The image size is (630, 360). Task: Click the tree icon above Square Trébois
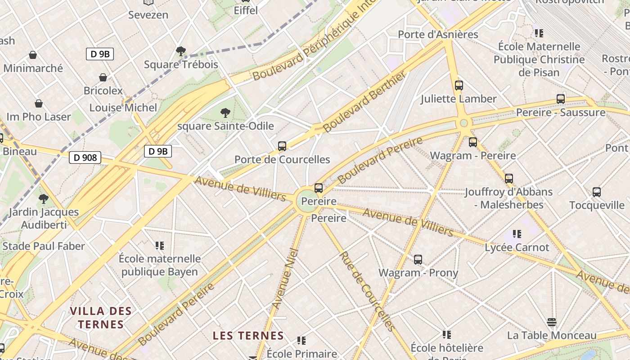pyautogui.click(x=181, y=51)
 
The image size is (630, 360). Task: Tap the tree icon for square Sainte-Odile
pyautogui.click(x=225, y=112)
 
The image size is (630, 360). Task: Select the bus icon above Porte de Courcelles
pyautogui.click(x=282, y=146)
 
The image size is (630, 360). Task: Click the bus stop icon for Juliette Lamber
pyautogui.click(x=459, y=85)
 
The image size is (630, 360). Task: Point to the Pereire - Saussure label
pyautogui.click(x=560, y=112)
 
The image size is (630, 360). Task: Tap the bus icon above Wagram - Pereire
pyautogui.click(x=473, y=142)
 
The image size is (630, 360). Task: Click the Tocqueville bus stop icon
pyautogui.click(x=597, y=192)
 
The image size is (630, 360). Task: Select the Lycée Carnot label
pyautogui.click(x=517, y=247)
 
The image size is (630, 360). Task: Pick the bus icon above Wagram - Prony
pyautogui.click(x=418, y=259)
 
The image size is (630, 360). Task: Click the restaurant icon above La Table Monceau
pyautogui.click(x=552, y=322)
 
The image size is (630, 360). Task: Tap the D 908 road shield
pyautogui.click(x=85, y=157)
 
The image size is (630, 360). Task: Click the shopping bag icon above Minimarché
pyautogui.click(x=33, y=55)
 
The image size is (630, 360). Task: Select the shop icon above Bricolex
pyautogui.click(x=103, y=77)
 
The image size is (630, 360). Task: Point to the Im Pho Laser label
pyautogui.click(x=39, y=117)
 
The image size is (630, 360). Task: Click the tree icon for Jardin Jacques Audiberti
pyautogui.click(x=44, y=198)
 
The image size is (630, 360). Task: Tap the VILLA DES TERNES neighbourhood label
pyautogui.click(x=101, y=317)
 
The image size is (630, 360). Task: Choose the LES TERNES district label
pyautogui.click(x=248, y=335)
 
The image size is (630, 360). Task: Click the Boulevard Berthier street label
pyautogui.click(x=364, y=101)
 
